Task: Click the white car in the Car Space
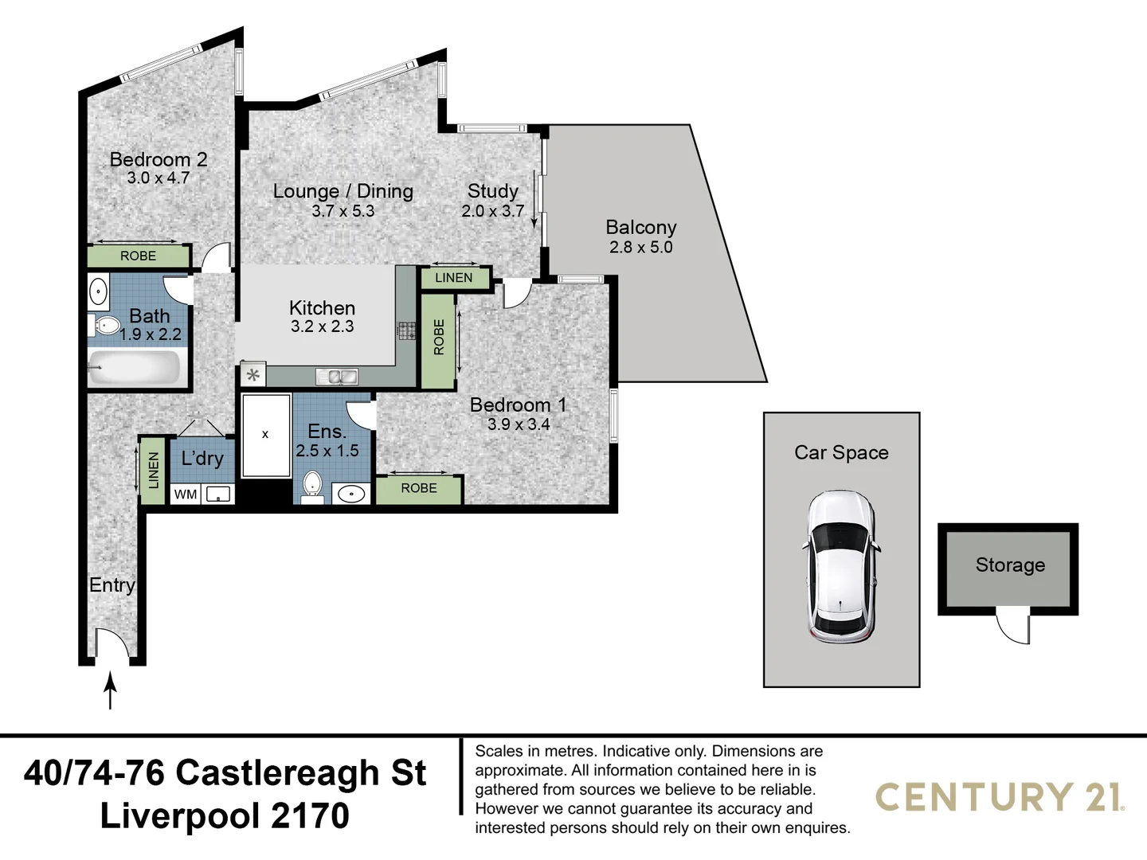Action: [x=841, y=567]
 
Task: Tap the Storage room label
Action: [x=1009, y=565]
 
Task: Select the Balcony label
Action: [x=640, y=228]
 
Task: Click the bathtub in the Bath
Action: [x=135, y=368]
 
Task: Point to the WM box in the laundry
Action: [x=186, y=494]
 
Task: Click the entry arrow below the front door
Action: [x=111, y=690]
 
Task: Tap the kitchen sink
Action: [x=337, y=377]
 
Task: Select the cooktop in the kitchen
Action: [x=407, y=331]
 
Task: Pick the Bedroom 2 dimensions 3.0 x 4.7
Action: [x=159, y=178]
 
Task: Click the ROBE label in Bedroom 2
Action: [x=138, y=256]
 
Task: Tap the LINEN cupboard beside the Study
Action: [x=453, y=278]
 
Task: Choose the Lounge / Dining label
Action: [x=343, y=192]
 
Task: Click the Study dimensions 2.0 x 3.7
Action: [x=492, y=211]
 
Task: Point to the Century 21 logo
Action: [x=1000, y=797]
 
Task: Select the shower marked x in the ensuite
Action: [x=266, y=435]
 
